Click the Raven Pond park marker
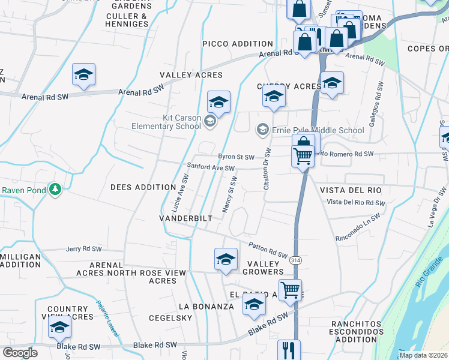click(55, 190)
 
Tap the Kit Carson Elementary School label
click(166, 122)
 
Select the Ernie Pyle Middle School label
click(318, 130)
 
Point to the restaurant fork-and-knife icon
click(289, 349)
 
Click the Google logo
click(20, 353)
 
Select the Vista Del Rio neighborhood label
click(351, 190)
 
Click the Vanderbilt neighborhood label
click(185, 218)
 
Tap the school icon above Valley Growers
click(226, 259)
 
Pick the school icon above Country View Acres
click(59, 326)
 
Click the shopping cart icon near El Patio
click(290, 289)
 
